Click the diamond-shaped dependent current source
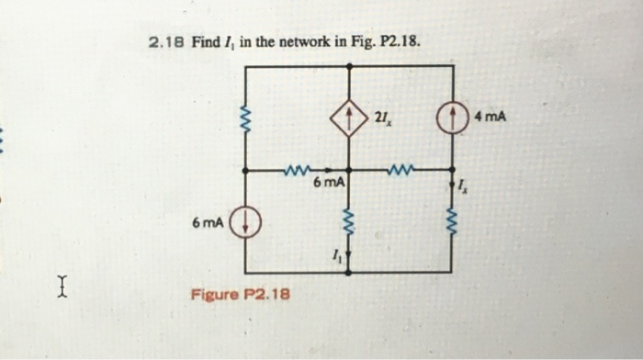pyautogui.click(x=349, y=118)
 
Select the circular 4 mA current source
pyautogui.click(x=452, y=118)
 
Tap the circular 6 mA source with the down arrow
pyautogui.click(x=245, y=223)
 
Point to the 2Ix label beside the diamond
pyautogui.click(x=383, y=117)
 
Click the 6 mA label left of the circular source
pyautogui.click(x=208, y=222)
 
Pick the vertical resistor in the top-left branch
pyautogui.click(x=245, y=118)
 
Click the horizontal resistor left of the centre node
pyautogui.click(x=298, y=170)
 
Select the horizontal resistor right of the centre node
pyautogui.click(x=400, y=170)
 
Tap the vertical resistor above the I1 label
pyautogui.click(x=349, y=221)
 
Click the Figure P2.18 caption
pyautogui.click(x=241, y=295)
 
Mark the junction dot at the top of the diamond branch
pyautogui.click(x=349, y=66)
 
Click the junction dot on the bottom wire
pyautogui.click(x=349, y=273)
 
